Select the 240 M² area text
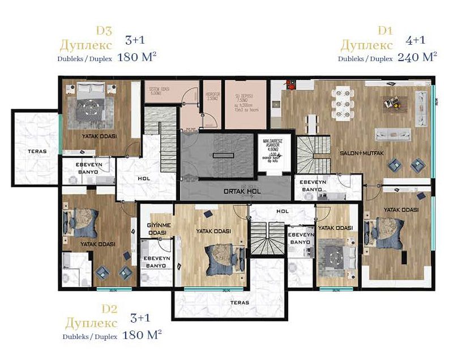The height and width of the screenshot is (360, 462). tap(417, 57)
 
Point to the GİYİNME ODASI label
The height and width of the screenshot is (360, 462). tap(156, 229)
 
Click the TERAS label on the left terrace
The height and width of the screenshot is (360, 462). tap(36, 152)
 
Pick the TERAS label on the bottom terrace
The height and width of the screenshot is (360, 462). tap(239, 302)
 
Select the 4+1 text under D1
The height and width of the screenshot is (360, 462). tap(416, 40)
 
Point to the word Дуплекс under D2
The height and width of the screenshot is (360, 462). tap(91, 323)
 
